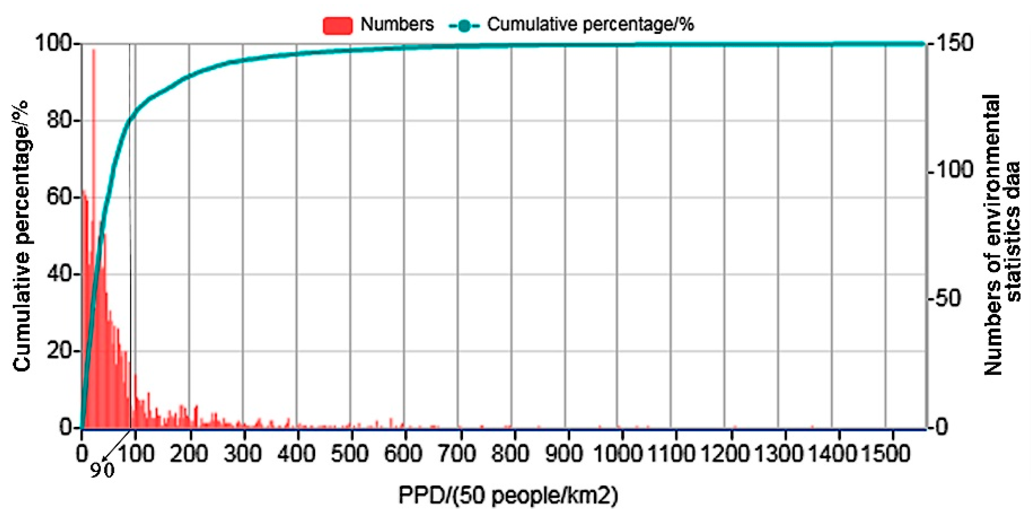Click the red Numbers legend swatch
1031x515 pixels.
click(337, 25)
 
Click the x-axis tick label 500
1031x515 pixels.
click(350, 453)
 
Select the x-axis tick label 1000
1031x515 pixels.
click(618, 453)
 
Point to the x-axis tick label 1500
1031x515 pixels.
click(886, 453)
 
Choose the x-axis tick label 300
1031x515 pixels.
click(243, 453)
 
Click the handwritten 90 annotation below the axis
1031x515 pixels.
click(102, 470)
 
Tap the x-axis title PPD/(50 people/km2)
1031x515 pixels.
click(508, 495)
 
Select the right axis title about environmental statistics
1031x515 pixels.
click(1001, 235)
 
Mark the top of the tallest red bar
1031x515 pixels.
click(94, 50)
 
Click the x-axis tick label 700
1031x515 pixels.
click(457, 453)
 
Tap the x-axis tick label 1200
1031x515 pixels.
click(725, 453)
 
